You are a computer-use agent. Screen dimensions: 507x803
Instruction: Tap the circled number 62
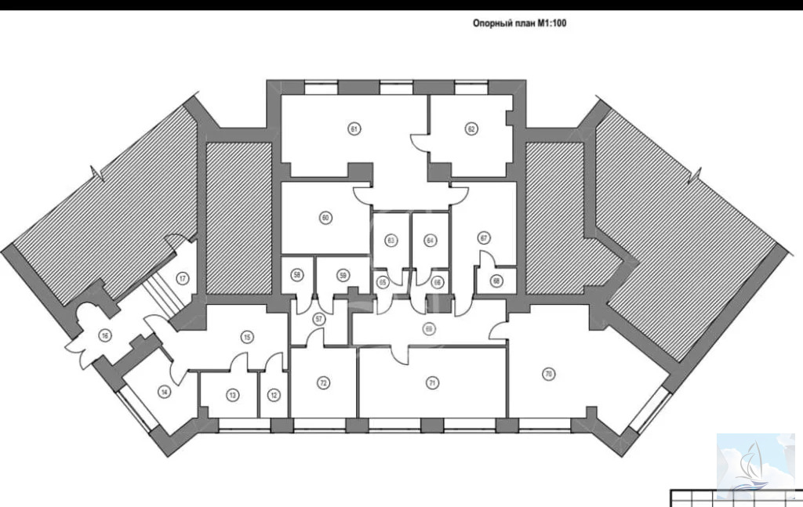coord(471,128)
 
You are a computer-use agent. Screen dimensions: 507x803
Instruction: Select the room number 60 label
coord(325,217)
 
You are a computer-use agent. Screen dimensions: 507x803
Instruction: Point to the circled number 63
coord(391,240)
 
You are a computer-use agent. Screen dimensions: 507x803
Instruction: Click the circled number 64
coord(430,240)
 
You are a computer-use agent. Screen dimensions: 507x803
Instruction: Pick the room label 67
coord(484,237)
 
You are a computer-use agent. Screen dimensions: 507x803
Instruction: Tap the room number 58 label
coord(297,274)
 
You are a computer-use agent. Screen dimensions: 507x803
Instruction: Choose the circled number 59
coord(343,274)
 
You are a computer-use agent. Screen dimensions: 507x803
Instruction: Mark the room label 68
coord(496,281)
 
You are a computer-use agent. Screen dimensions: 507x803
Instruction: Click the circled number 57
coord(319,318)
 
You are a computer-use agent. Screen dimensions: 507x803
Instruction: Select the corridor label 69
coord(428,328)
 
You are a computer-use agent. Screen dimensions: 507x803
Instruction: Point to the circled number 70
coord(548,375)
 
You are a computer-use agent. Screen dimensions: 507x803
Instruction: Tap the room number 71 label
coord(431,382)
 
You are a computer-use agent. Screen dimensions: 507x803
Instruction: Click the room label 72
coord(323,382)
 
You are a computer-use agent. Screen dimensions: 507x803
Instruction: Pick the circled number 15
coord(247,337)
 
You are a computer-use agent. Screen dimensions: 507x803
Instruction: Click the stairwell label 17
coord(182,277)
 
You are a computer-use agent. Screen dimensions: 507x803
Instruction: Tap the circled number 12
coord(273,394)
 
